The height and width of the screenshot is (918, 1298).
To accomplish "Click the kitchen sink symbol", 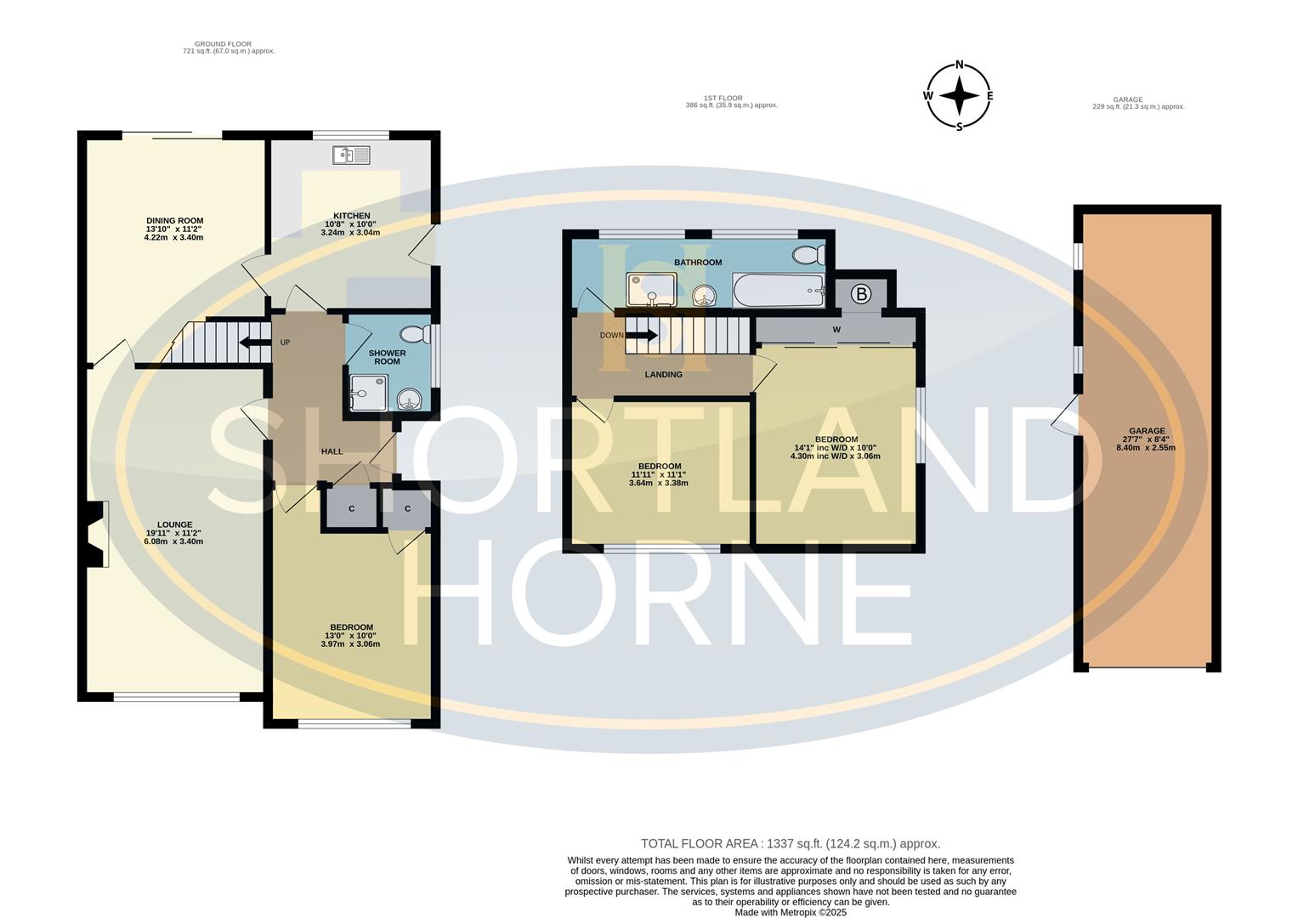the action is tap(351, 156).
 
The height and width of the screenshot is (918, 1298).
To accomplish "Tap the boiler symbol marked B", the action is tap(861, 294).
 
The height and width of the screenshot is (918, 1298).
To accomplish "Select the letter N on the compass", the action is tap(959, 65).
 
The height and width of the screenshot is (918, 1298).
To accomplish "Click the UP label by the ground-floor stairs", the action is tap(285, 342).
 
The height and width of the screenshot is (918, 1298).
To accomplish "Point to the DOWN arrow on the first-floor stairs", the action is tap(642, 335).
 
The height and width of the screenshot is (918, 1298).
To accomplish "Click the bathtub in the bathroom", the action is tap(779, 291).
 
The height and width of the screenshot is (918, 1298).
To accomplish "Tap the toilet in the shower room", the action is tap(416, 334).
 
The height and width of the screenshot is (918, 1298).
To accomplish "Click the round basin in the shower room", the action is tap(411, 399).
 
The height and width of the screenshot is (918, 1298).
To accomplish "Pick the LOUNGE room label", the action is tap(174, 524).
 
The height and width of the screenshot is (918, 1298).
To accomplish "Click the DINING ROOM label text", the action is tap(174, 220).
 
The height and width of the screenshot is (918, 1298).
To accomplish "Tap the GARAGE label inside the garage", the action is tap(1147, 431).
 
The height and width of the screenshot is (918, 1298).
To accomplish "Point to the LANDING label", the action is tap(664, 374).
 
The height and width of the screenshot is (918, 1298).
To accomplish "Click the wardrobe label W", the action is tap(836, 330).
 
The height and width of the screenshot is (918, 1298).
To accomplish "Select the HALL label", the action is tap(332, 450).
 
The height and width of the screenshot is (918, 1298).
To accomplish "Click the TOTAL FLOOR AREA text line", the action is tap(791, 843).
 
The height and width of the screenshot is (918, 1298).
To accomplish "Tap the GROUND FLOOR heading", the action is tap(223, 43).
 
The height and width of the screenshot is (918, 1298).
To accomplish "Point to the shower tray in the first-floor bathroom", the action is tap(651, 289).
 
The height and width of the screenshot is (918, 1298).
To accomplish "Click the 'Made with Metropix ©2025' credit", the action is tap(791, 912).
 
